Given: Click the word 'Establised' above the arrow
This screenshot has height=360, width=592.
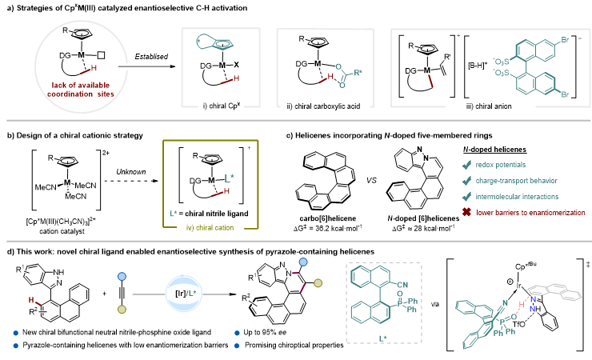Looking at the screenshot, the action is tap(151, 57).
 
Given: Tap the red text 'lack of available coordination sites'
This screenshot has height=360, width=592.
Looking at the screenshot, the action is tap(81, 90).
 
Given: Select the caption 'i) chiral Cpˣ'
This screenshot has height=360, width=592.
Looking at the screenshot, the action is tap(222, 106).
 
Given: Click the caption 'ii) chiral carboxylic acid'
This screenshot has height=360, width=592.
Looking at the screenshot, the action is tap(323, 106).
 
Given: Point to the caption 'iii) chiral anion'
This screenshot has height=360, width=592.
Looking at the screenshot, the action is tap(489, 106).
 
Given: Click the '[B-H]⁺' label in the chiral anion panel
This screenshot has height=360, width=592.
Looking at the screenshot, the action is tap(478, 66).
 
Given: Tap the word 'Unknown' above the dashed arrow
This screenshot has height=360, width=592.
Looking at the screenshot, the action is tap(130, 172).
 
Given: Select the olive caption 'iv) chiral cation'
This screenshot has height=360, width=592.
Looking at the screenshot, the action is tap(210, 227).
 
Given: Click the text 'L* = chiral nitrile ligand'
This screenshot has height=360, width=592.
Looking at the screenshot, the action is tap(209, 214).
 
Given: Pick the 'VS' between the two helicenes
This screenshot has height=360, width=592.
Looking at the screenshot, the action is tap(371, 180).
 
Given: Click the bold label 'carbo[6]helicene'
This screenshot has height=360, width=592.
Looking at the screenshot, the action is tap(328, 218).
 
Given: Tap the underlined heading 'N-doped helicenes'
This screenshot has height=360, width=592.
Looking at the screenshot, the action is tap(494, 150).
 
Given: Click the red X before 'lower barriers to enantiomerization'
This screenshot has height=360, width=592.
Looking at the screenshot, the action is tap(466, 212).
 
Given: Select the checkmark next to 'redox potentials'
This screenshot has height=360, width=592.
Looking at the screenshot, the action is tap(466, 165).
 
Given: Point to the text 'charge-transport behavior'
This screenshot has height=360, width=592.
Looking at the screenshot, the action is tap(516, 181).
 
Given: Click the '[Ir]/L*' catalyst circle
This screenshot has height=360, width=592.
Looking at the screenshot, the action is tap(183, 294).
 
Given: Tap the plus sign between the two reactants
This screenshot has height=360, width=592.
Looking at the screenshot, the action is tap(104, 294).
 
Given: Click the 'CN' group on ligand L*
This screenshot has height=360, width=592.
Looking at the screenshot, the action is tap(402, 285).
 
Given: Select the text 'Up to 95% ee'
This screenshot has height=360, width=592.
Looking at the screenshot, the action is tap(265, 333).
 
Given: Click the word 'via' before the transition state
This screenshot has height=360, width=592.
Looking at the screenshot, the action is tap(435, 304).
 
